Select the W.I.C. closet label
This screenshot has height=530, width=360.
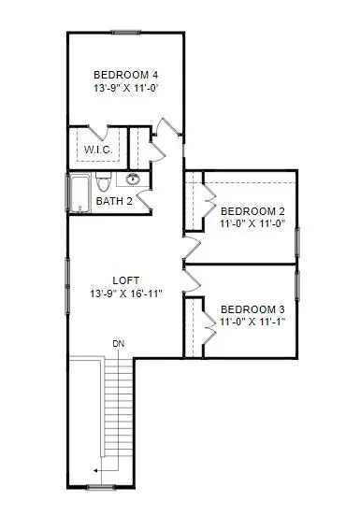coord(97,149)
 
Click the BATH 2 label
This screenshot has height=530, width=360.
coord(114,201)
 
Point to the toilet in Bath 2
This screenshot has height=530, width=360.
coord(106,179)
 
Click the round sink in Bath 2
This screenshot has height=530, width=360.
coord(133,179)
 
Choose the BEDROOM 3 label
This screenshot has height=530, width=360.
coord(252,309)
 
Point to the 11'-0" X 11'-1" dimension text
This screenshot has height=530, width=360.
coord(252,323)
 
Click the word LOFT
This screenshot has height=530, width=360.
coord(125,279)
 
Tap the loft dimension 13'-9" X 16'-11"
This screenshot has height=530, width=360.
coord(125,294)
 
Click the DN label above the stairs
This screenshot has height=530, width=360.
coord(118,343)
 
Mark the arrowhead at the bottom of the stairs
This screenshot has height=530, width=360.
coord(94,471)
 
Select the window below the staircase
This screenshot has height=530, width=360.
coord(101,487)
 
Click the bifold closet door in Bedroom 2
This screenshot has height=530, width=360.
coord(209,198)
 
